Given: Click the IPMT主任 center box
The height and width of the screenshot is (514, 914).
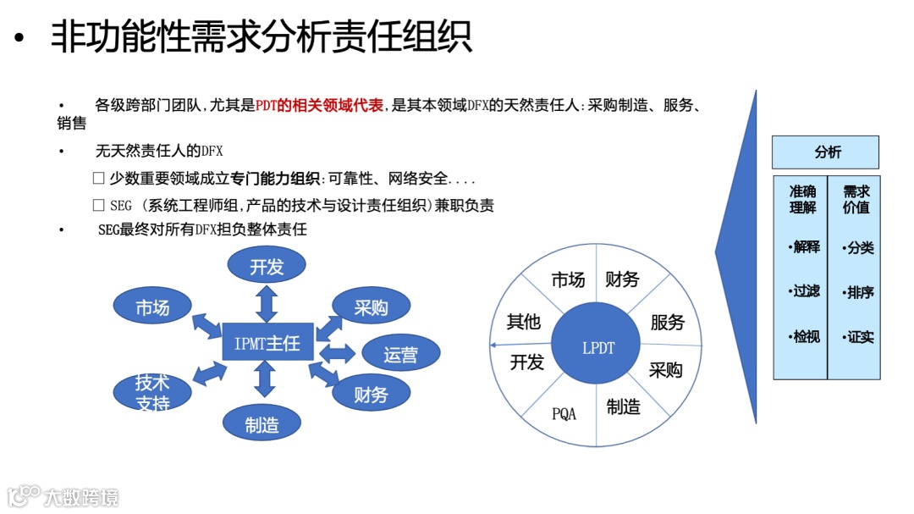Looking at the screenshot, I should (267, 343).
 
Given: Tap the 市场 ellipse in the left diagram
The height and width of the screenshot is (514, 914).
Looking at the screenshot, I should (152, 308).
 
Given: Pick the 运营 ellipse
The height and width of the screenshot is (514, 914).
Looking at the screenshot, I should (400, 354).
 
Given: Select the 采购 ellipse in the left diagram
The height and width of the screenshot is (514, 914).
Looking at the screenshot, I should (371, 307).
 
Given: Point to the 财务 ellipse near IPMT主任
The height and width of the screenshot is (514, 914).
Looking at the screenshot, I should (371, 394).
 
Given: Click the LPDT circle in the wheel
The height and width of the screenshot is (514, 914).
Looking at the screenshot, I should (598, 347).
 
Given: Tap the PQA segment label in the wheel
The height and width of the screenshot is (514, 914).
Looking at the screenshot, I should (564, 414).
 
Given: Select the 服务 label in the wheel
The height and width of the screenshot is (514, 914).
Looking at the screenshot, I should (667, 323).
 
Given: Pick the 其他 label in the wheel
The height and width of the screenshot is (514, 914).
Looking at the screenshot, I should (524, 322).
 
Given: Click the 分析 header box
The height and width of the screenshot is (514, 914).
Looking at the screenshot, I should (827, 152).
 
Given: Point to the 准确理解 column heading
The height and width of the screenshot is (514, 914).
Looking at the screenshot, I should (802, 199).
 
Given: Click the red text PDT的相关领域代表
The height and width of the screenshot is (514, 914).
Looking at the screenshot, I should (319, 106).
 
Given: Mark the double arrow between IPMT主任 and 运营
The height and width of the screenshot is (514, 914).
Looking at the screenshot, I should (338, 352).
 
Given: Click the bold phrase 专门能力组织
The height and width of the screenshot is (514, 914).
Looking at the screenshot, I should (283, 179).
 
